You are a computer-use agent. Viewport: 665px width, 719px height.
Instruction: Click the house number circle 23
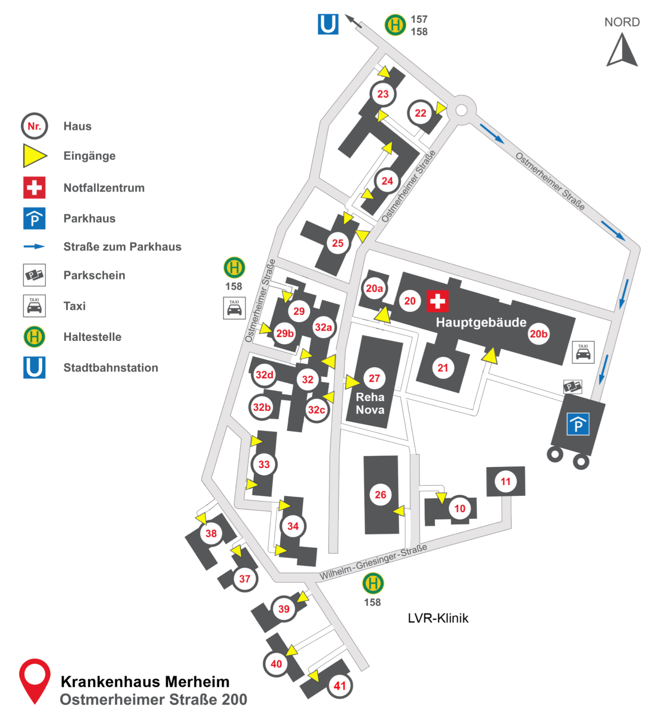tap(383, 94)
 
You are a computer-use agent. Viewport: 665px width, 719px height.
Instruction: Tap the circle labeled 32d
tap(264, 375)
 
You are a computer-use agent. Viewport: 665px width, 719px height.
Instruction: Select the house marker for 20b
tap(538, 334)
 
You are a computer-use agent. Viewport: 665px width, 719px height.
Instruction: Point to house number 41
tap(339, 686)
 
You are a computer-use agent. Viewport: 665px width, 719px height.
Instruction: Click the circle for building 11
tap(505, 482)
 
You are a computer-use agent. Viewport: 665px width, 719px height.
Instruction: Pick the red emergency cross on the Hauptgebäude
tap(437, 301)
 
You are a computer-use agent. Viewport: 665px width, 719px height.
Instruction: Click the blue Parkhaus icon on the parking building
tap(578, 424)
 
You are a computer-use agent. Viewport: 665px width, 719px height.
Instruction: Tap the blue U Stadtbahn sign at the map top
tap(328, 24)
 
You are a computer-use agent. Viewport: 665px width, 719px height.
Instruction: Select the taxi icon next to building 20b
tap(583, 352)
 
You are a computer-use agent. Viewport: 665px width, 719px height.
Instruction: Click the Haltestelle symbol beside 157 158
tap(395, 25)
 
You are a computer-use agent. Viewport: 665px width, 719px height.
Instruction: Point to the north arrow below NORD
tap(622, 51)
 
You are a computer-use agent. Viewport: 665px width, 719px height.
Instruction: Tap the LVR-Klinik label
tap(438, 618)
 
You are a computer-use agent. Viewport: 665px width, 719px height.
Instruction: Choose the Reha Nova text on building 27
tap(370, 404)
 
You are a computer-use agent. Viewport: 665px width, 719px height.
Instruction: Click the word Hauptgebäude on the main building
tap(481, 322)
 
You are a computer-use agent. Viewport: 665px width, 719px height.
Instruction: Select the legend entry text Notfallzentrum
tap(104, 188)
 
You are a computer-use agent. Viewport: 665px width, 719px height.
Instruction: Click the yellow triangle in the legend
tap(34, 156)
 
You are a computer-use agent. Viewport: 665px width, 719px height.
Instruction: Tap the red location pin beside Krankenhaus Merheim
tap(34, 680)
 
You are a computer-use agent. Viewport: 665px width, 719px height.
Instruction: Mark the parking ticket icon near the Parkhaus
tap(572, 387)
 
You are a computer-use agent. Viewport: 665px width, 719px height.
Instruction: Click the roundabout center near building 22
tap(461, 110)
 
